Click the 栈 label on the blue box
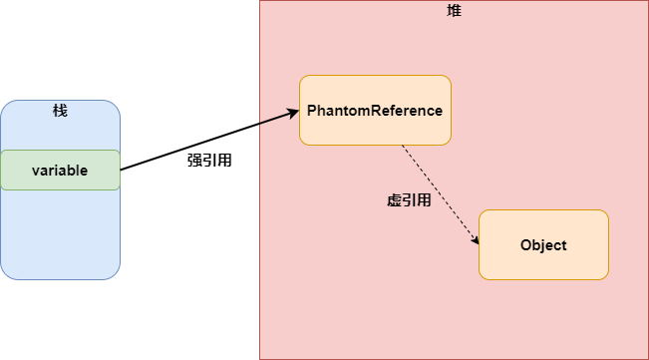click(60, 110)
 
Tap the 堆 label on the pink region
click(454, 10)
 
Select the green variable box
click(60, 170)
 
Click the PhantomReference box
click(375, 110)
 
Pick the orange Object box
click(543, 244)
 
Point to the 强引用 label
click(209, 160)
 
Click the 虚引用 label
click(409, 199)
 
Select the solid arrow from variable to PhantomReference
click(209, 141)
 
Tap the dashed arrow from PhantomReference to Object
click(439, 194)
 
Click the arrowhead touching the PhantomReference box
click(293, 113)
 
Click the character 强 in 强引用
click(194, 160)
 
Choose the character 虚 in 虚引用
click(394, 199)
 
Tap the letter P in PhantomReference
click(312, 111)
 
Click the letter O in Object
click(525, 245)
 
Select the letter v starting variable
click(35, 171)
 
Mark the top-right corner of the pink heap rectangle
click(648, 1)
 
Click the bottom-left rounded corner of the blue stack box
click(5, 275)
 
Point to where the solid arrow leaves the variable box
click(121, 170)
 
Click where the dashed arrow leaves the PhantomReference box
click(403, 146)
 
